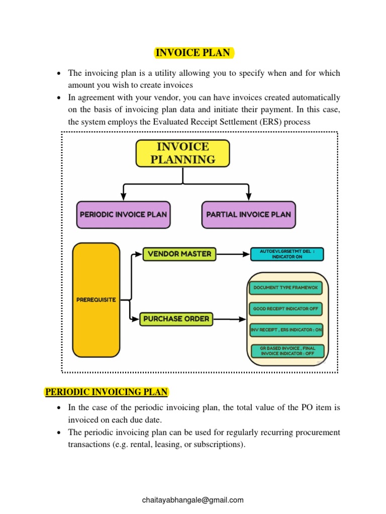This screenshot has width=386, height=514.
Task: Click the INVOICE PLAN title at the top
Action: coord(193,53)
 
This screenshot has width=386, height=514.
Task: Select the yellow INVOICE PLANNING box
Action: coord(183,153)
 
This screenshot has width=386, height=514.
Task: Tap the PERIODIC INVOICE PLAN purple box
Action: coord(123,214)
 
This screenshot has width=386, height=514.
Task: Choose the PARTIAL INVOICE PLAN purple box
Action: coord(248,214)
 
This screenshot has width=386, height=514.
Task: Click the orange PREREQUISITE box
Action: coord(96,300)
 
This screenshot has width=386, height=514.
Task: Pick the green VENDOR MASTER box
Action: coord(179,254)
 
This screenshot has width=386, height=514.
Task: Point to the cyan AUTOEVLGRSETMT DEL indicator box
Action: coord(287,254)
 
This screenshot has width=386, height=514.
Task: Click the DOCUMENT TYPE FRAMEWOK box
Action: coord(285,288)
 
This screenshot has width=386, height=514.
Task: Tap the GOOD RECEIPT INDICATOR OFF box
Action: coord(285,309)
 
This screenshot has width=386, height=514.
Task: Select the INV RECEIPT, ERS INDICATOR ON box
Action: coord(286,330)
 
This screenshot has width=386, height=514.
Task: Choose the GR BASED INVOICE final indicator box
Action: coord(287,350)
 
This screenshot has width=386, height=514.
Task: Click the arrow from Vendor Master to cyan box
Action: coord(233,254)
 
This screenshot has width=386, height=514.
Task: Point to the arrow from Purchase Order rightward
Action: coord(229,319)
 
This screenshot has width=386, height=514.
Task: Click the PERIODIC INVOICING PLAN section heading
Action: coord(107,392)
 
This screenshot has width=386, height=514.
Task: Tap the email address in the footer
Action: coord(193,499)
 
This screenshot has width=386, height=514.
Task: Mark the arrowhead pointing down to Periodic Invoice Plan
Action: coord(123,195)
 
